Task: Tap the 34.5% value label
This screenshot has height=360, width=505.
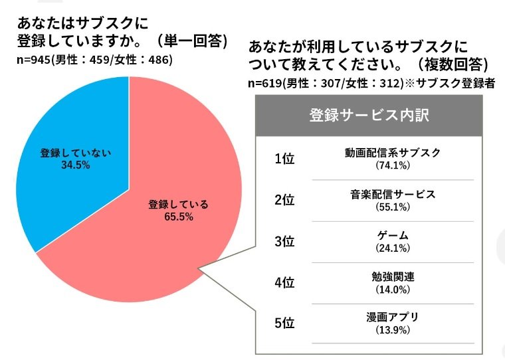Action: point(73,165)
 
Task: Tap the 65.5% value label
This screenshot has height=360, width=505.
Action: point(178,217)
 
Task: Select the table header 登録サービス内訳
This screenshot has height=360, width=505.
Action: point(369,115)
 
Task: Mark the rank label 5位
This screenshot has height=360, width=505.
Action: point(284,323)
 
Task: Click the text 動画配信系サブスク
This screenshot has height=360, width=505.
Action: point(393,153)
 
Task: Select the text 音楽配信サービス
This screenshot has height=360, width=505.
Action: point(393,195)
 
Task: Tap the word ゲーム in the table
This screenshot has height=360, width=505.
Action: point(393,236)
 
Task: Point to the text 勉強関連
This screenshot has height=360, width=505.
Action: point(393,277)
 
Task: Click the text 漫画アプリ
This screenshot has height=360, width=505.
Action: point(393,317)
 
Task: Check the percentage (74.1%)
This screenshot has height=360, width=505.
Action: point(393,165)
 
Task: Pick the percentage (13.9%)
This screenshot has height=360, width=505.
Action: point(393,330)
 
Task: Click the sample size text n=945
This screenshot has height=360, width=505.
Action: point(35,60)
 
